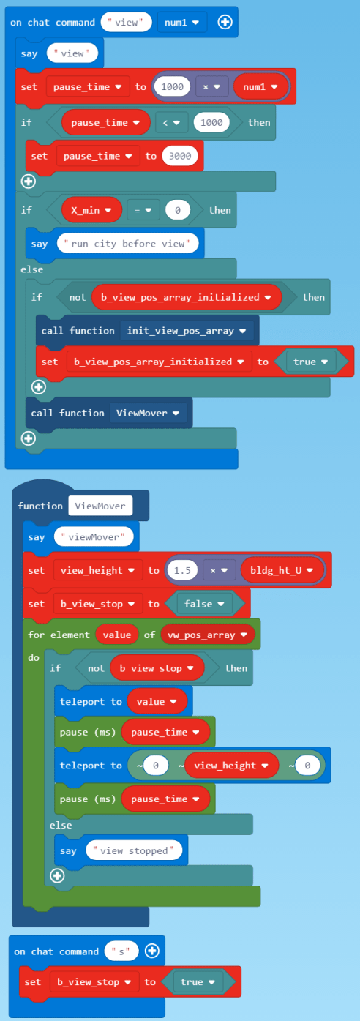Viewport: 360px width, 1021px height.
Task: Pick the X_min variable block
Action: click(x=91, y=210)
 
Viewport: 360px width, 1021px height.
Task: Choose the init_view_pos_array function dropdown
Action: click(x=190, y=331)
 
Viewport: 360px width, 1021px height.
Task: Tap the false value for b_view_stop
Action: click(x=198, y=604)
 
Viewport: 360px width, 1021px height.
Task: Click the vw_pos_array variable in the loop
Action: click(x=207, y=635)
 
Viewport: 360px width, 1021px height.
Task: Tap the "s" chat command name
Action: click(x=122, y=951)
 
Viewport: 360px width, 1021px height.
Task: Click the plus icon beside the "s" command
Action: click(x=152, y=951)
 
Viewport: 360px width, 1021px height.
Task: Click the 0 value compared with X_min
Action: click(x=177, y=210)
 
